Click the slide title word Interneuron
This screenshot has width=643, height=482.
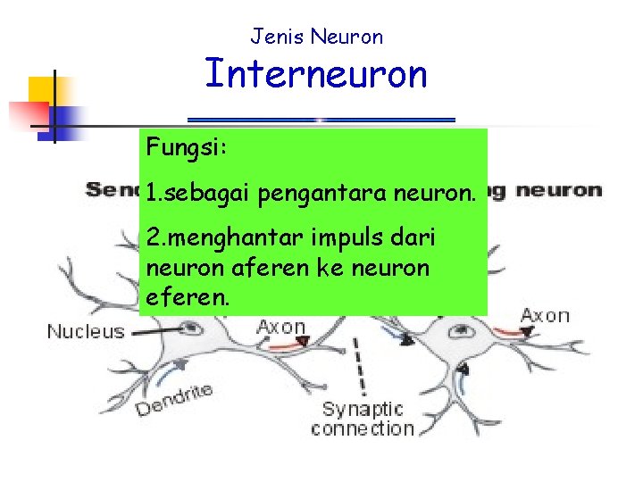click(x=316, y=74)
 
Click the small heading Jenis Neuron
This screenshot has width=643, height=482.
click(x=316, y=37)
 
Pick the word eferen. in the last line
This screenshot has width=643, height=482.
click(x=187, y=296)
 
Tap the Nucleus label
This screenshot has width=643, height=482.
click(x=86, y=332)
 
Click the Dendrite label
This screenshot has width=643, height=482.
click(x=174, y=399)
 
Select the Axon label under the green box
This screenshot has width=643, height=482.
click(x=280, y=327)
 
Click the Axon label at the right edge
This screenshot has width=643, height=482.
click(x=545, y=315)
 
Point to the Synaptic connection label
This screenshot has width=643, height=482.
click(x=362, y=419)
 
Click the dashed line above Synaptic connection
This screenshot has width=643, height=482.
click(x=360, y=366)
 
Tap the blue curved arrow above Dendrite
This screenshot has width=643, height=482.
click(x=175, y=368)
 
